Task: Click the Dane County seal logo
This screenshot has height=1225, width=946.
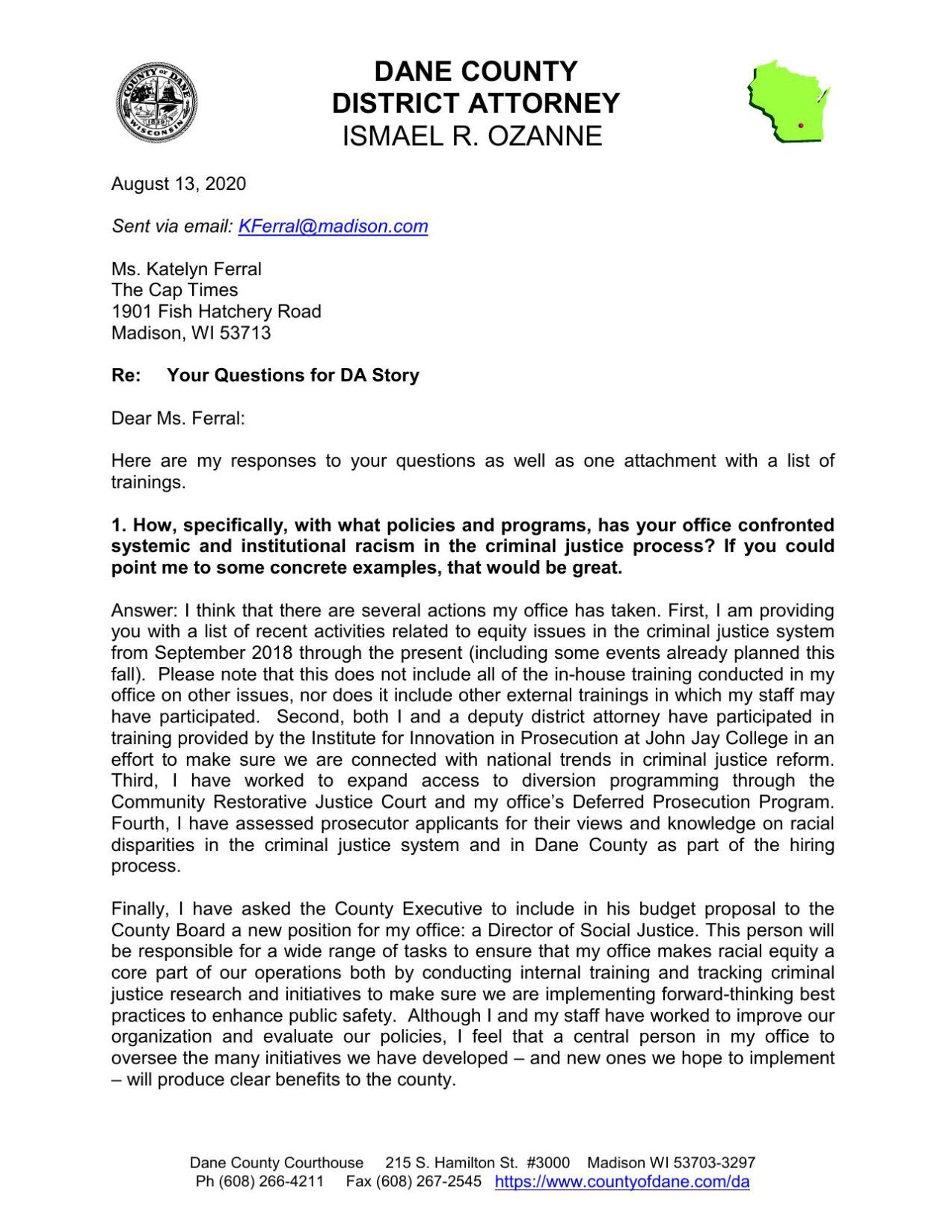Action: [x=157, y=103]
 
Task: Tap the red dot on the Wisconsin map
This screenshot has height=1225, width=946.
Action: [x=800, y=126]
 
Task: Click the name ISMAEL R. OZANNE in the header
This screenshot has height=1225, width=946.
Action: [x=472, y=136]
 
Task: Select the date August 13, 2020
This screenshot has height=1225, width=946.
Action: [x=179, y=184]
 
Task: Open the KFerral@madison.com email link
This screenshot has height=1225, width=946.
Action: [x=333, y=227]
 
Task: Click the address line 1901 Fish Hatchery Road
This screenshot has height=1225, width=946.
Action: [x=216, y=312]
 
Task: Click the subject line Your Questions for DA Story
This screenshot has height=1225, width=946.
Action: [x=292, y=375]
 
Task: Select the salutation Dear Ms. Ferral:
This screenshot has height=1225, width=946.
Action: [x=178, y=419]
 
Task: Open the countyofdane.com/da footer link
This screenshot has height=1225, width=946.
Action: [x=622, y=1182]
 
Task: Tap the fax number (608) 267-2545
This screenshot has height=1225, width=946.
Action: [x=429, y=1182]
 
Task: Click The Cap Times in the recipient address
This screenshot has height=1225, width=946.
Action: [x=174, y=290]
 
